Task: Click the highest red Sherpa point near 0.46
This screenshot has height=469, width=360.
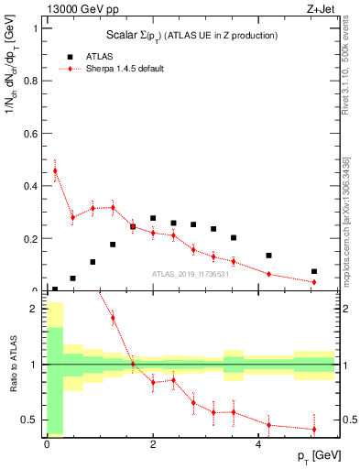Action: tap(55, 170)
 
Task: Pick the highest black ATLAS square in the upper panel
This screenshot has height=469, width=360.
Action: tap(153, 218)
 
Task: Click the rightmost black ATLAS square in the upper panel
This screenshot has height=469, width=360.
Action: tap(314, 271)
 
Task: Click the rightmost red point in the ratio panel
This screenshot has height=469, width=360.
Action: tap(314, 429)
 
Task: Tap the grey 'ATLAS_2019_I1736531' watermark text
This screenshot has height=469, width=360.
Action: tap(191, 275)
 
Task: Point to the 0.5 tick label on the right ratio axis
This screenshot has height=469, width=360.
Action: tap(348, 420)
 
